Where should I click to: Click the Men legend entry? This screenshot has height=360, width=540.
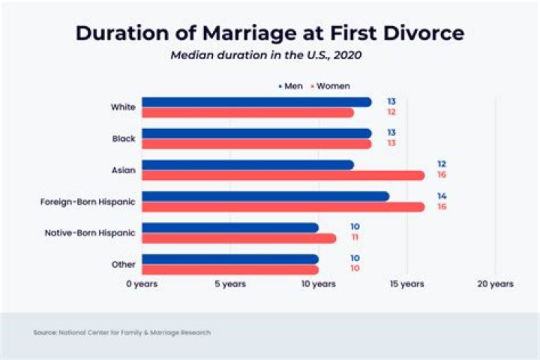pyautogui.click(x=289, y=86)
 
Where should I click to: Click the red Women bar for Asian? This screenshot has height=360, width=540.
pyautogui.click(x=283, y=175)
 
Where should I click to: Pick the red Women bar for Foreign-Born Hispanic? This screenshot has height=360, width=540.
pyautogui.click(x=283, y=207)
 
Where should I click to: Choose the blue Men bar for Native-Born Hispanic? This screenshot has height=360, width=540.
pyautogui.click(x=230, y=227)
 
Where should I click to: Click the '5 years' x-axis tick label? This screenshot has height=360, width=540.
pyautogui.click(x=230, y=284)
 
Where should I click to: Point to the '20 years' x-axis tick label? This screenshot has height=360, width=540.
pyautogui.click(x=495, y=284)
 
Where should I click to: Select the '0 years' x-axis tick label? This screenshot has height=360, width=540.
pyautogui.click(x=142, y=284)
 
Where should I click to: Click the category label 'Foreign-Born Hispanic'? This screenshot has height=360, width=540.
pyautogui.click(x=88, y=202)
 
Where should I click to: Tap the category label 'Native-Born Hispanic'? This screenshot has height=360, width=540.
pyautogui.click(x=90, y=233)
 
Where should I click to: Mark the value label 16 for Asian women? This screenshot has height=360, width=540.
pyautogui.click(x=442, y=175)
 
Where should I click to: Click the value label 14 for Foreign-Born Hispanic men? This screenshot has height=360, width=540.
pyautogui.click(x=442, y=196)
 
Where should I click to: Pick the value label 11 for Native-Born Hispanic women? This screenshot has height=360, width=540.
pyautogui.click(x=354, y=237)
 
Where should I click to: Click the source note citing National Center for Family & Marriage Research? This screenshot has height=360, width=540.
pyautogui.click(x=121, y=332)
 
